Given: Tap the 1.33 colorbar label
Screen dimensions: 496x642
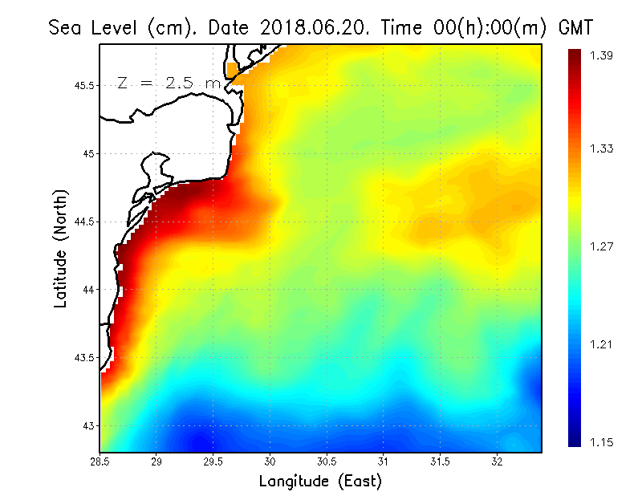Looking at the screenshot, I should tap(601, 148).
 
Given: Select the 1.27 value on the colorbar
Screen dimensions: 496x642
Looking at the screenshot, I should tap(601, 246).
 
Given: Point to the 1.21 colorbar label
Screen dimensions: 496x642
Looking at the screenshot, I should tap(601, 345).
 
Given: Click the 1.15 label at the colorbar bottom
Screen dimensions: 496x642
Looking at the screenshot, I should tap(601, 442).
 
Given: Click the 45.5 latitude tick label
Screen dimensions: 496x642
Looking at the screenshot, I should tap(84, 85).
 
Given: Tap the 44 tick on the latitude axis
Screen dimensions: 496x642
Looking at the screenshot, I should tap(88, 289).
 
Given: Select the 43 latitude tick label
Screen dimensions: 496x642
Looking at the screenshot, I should tap(88, 425).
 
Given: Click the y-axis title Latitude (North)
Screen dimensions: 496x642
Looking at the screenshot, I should tap(61, 248).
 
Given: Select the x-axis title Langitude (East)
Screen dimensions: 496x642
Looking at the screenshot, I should tap(320, 482).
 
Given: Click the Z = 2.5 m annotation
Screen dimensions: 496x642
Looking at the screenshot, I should tap(168, 83).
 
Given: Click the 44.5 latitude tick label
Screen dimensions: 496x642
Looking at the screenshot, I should tap(84, 222).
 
